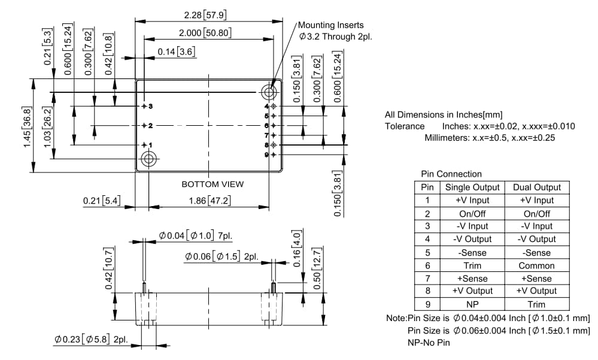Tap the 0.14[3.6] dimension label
pyautogui.click(x=177, y=52)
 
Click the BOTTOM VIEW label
pyautogui.click(x=213, y=184)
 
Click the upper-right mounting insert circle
pyautogui.click(x=268, y=92)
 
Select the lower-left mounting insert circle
pyautogui.click(x=148, y=159)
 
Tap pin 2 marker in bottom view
pyautogui.click(x=145, y=126)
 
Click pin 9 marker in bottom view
pyautogui.click(x=273, y=155)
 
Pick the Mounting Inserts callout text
pyautogui.click(x=330, y=25)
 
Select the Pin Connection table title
pyautogui.click(x=451, y=174)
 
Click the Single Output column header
pyautogui.click(x=472, y=187)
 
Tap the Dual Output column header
pyautogui.click(x=536, y=187)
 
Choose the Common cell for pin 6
pyautogui.click(x=536, y=265)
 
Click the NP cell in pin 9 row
pyautogui.click(x=472, y=304)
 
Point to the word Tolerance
pyautogui.click(x=405, y=126)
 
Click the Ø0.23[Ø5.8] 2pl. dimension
pyautogui.click(x=90, y=339)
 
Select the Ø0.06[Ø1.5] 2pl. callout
pyautogui.click(x=221, y=256)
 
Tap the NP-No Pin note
pyautogui.click(x=429, y=343)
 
